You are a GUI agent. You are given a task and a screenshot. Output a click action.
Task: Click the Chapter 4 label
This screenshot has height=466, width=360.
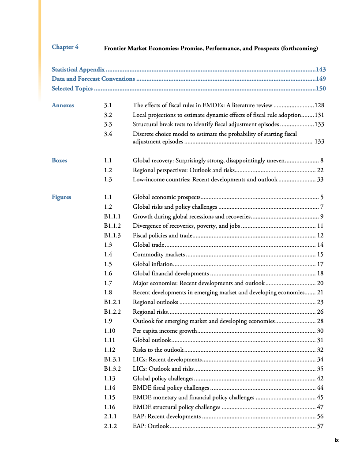tap(65, 47)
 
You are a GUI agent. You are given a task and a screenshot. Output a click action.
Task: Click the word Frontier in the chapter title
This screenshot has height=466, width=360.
tap(115, 48)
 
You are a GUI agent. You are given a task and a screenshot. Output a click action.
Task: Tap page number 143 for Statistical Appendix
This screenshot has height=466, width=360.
tap(321, 69)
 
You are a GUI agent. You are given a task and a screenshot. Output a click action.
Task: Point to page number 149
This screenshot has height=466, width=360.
tap(321, 79)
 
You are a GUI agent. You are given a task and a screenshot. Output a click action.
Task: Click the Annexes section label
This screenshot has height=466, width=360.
tap(63, 105)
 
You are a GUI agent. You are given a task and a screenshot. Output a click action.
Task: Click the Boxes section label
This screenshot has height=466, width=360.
tap(60, 161)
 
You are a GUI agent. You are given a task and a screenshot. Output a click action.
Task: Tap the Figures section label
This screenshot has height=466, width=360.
tap(61, 197)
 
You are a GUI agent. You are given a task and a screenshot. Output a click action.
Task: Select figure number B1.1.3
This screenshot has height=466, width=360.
tap(112, 235)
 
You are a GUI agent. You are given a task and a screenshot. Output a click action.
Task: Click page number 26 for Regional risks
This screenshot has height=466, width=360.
tap(320, 312)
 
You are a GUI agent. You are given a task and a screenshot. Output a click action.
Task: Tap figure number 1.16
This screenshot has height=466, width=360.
tap(109, 407)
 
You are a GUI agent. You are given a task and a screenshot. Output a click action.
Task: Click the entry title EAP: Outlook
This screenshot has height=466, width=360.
tap(151, 426)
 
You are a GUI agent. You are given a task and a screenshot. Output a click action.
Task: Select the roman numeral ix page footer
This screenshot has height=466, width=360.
tap(336, 440)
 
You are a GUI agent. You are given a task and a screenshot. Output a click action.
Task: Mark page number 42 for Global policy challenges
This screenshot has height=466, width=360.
tap(320, 378)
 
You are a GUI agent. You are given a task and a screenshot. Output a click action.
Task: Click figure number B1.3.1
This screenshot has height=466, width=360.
tap(112, 359)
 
